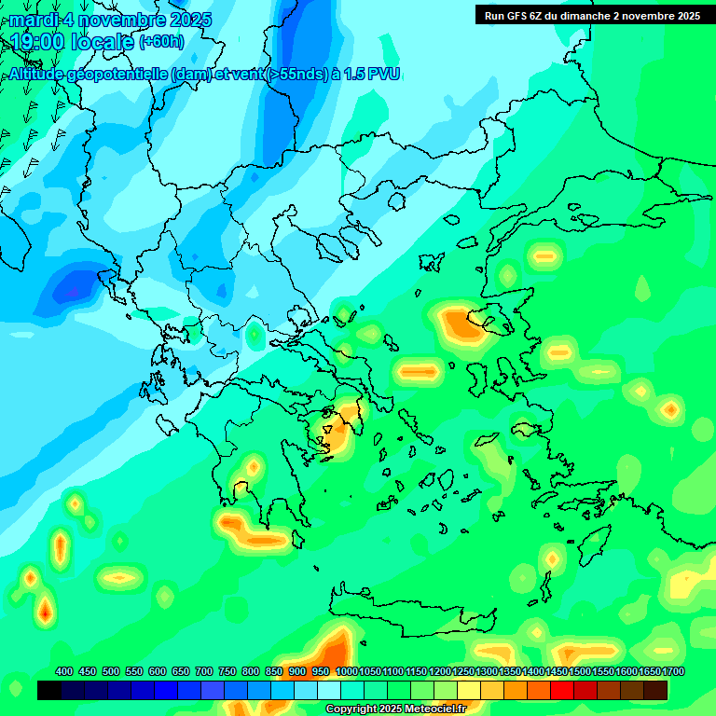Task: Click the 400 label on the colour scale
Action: pos(64,671)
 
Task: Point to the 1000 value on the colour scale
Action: pos(348,671)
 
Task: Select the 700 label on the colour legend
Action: pos(204,671)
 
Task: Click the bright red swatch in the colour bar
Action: pos(562,690)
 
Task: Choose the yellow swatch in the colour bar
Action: pos(469,690)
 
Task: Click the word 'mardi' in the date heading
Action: pos(32,20)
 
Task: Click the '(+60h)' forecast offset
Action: pos(161,42)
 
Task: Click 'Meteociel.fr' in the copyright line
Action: pos(435,709)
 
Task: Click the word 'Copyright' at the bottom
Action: pos(352,709)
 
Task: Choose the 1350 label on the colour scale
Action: pos(510,671)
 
